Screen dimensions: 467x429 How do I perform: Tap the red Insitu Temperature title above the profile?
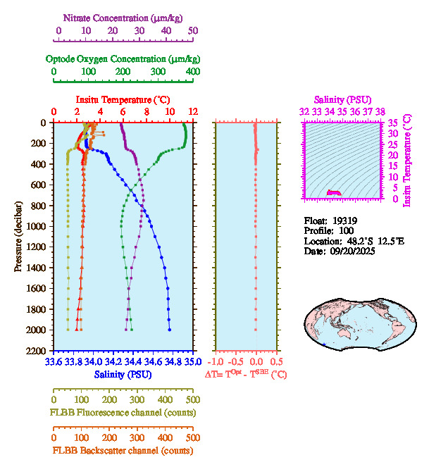tap(123, 99)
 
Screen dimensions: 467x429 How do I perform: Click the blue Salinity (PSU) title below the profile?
tap(123, 375)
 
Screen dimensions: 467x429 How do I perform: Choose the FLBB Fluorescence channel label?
tap(123, 412)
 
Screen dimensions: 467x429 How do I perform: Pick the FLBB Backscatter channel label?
tap(123, 450)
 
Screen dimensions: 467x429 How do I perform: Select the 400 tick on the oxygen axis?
tap(192, 71)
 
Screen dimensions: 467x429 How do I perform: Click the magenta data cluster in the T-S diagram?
tap(333, 192)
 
